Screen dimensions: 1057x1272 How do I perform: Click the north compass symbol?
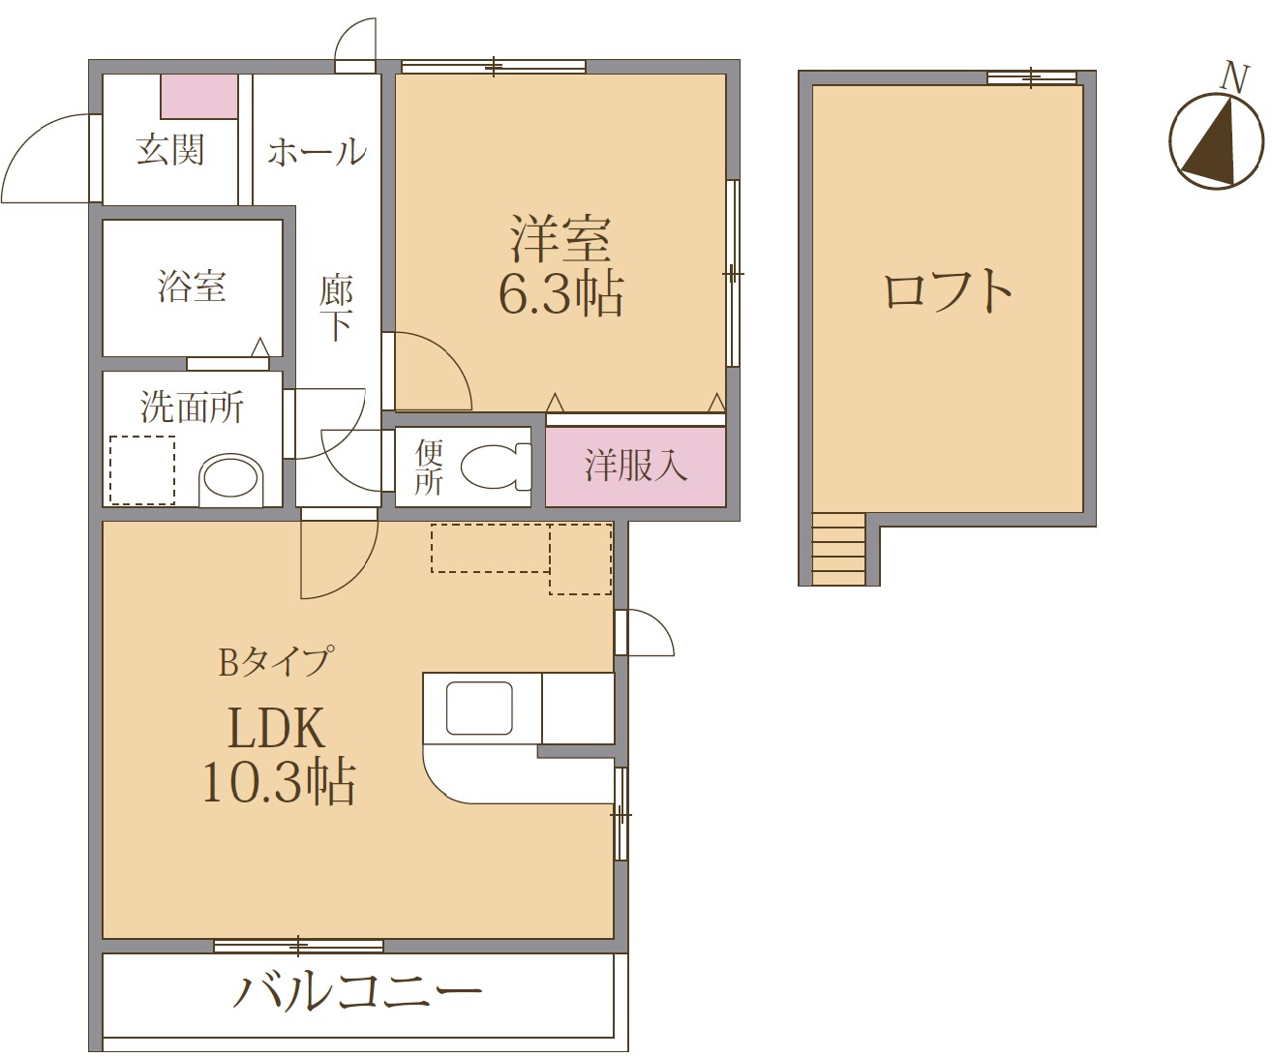[1217, 140]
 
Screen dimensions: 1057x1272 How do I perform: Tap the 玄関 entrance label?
[170, 150]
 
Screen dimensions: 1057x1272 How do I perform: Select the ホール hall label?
[317, 152]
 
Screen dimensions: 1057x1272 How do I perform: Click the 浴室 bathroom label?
[192, 287]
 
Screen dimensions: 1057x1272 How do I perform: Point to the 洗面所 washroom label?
[192, 407]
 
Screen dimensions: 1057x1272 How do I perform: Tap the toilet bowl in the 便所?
[494, 467]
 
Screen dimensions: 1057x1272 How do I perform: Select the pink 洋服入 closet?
[635, 467]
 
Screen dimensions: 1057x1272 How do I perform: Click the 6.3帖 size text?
[560, 294]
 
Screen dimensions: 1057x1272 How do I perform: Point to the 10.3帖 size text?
[279, 782]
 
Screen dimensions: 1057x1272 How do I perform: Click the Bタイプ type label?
[276, 662]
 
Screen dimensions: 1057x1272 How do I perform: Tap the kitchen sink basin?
[479, 708]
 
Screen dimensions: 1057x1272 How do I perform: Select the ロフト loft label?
[948, 290]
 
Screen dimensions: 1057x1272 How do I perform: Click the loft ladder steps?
[838, 549]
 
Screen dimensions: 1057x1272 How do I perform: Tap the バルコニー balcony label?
[356, 992]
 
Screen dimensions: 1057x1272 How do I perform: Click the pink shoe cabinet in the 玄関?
[199, 97]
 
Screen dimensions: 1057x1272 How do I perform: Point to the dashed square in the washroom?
[142, 470]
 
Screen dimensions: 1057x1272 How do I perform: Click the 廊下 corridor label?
[336, 307]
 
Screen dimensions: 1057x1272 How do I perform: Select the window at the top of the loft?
[1031, 77]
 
